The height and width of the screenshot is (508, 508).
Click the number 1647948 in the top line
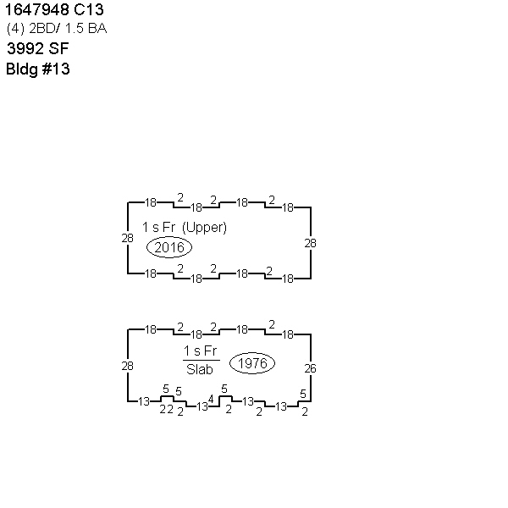pos(37,9)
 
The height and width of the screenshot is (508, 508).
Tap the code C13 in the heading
pos(88,9)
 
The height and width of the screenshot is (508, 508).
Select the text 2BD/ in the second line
pos(45,29)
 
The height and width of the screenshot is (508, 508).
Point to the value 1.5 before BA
pos(75,29)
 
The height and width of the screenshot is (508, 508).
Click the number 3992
pos(25,48)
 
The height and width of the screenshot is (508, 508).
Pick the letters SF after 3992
pos(58,48)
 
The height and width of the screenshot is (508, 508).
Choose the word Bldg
pos(22,69)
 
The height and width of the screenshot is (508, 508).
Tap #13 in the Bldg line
pos(56,69)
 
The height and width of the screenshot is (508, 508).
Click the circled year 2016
pos(169,247)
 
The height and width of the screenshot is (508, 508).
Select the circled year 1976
pos(252,363)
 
